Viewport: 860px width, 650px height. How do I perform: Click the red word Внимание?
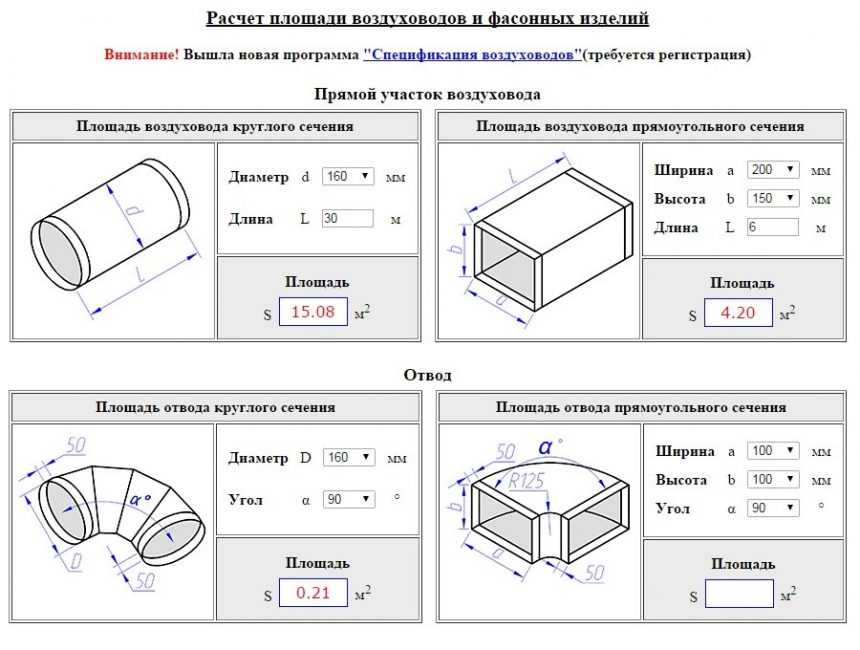(x=141, y=54)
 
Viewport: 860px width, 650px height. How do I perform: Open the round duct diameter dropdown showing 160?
(x=347, y=177)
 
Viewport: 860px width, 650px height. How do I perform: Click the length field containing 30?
(x=347, y=218)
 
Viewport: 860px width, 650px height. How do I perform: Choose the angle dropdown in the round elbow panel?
(x=347, y=498)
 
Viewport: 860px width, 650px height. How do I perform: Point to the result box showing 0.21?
(x=312, y=594)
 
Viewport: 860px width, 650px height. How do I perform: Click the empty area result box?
(x=739, y=594)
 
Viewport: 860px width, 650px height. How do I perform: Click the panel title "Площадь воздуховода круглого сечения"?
(x=215, y=127)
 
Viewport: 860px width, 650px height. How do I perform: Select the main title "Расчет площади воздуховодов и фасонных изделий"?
(x=427, y=18)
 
